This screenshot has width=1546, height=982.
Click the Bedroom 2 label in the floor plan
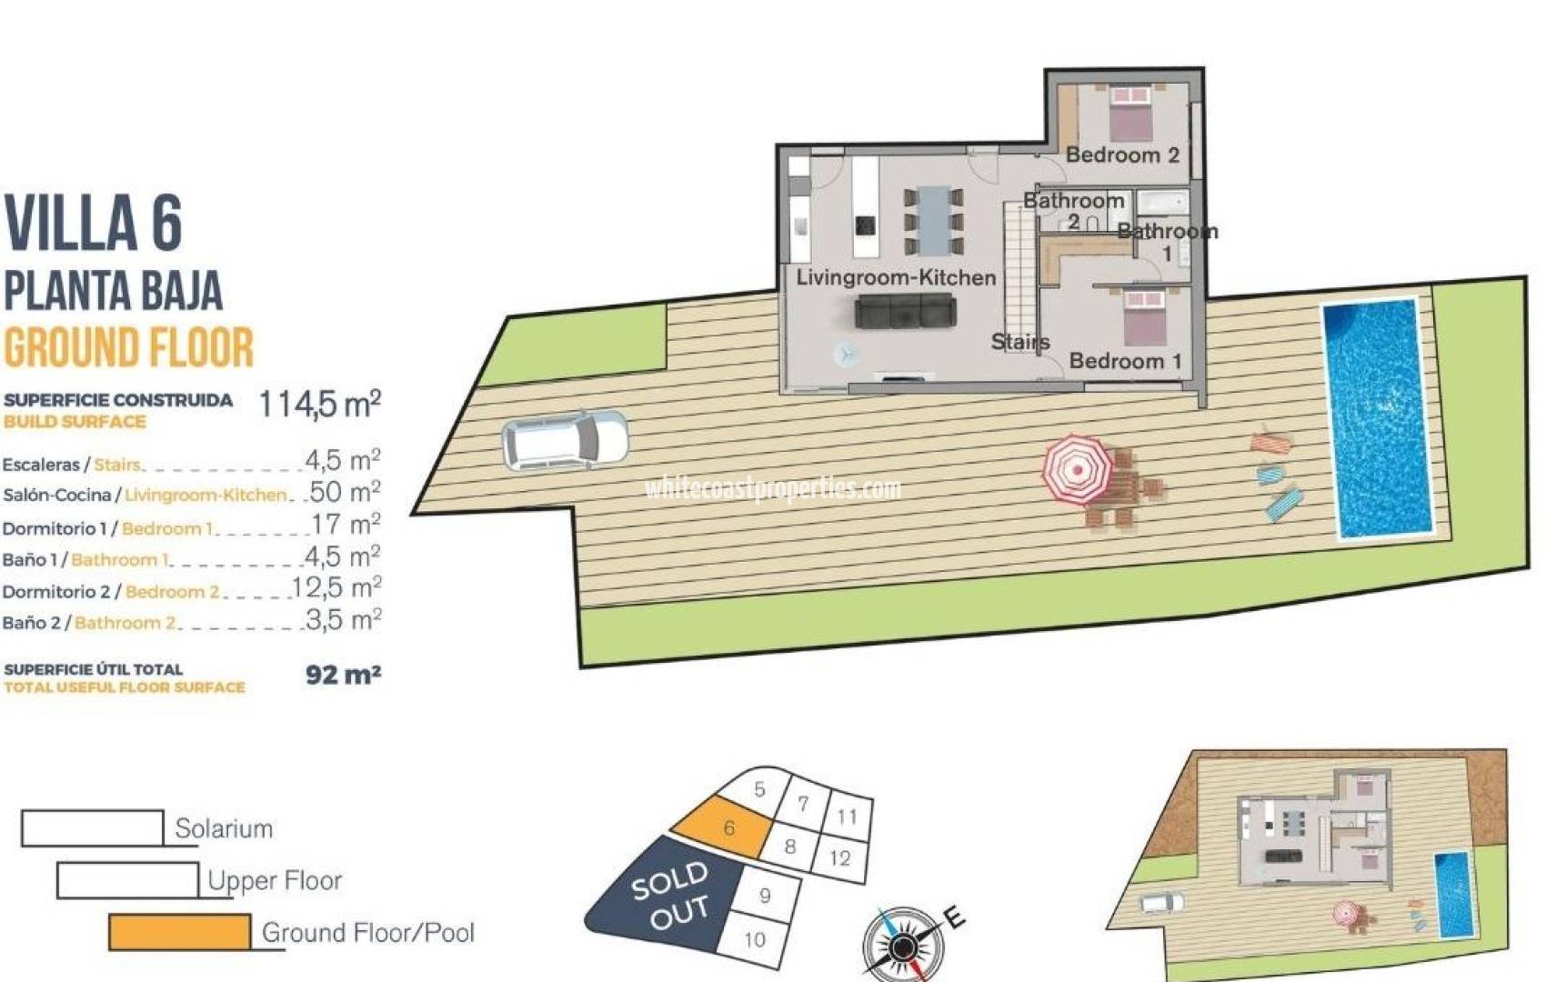pos(1122,155)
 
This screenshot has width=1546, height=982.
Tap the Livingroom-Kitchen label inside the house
pos(896,278)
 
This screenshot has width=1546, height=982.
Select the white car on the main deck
pos(565,440)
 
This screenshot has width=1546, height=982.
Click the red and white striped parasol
pos(1077,469)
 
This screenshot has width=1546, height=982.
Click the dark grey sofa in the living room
pos(905,313)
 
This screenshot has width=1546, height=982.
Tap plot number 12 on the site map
pos(839,857)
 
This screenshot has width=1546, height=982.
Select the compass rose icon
pos(902,946)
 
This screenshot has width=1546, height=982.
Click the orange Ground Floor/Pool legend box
pos(179,932)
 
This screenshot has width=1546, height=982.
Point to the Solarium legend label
pos(224,829)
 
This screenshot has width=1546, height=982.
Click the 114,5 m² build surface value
pos(319,404)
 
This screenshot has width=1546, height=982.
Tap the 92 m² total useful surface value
pos(343,675)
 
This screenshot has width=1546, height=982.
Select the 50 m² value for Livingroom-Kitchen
pos(345,493)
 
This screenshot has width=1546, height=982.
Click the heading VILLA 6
pos(94,223)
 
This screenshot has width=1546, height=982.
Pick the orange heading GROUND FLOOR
pos(128,347)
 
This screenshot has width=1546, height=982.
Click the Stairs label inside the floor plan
pos(1020,342)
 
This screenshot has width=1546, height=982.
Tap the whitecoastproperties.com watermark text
pos(773,489)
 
